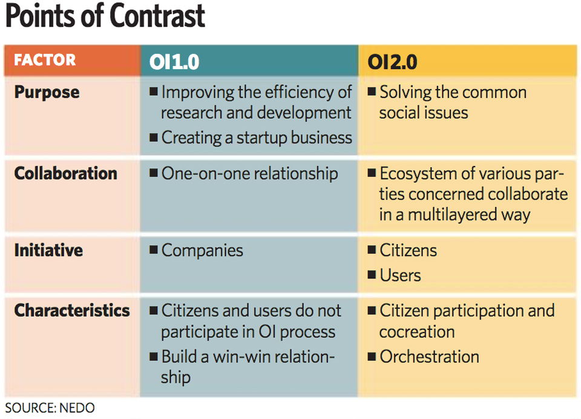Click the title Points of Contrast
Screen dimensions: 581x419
pos(105,16)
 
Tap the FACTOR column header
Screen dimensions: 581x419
pos(45,60)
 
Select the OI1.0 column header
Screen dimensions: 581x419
pos(174,62)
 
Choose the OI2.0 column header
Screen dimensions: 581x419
pos(392,62)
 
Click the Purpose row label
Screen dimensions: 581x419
pos(47,92)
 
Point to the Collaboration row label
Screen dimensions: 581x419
pos(65,173)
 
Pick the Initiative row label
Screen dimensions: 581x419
pos(48,250)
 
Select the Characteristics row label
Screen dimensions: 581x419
pos(72,311)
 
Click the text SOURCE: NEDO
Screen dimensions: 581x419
pos(50,408)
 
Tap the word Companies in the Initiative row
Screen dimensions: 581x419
pos(202,250)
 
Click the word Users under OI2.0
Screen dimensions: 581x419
pos(400,275)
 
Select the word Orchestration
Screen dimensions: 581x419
pos(430,357)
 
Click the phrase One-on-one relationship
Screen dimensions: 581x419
pos(250,174)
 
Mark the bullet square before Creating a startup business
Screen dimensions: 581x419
pos(154,138)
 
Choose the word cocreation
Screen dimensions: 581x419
pos(417,332)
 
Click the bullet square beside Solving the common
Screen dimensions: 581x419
pos(372,91)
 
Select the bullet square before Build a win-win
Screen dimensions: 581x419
pos(154,357)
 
